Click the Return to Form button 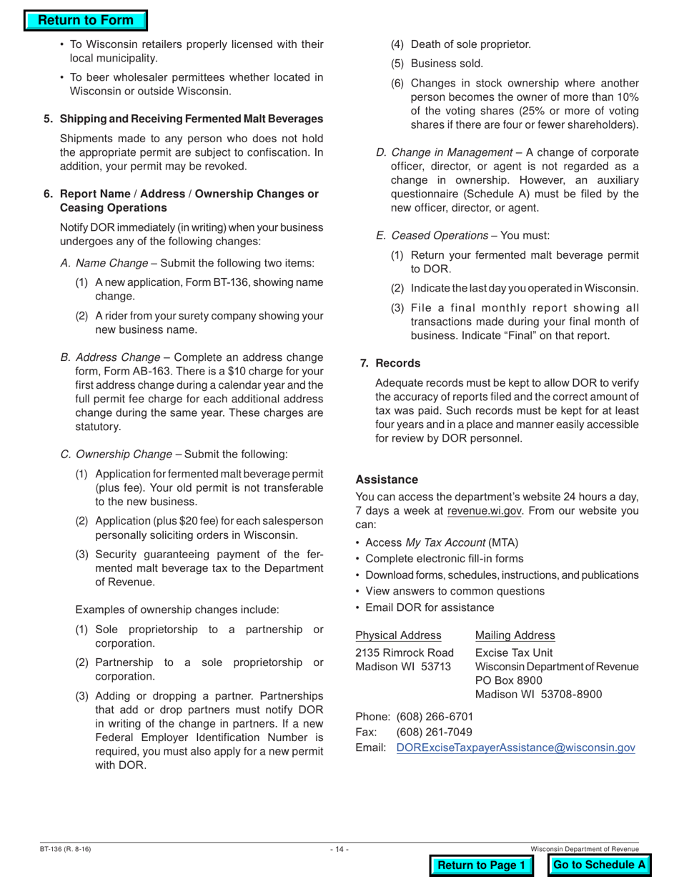[85, 21]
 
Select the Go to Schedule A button [600, 865]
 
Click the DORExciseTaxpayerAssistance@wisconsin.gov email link [515, 748]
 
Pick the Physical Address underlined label [398, 635]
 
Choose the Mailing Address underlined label [515, 635]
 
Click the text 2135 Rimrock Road [405, 652]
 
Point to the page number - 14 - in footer [339, 849]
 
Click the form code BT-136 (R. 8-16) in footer [66, 849]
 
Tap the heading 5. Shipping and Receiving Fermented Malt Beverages [183, 118]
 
